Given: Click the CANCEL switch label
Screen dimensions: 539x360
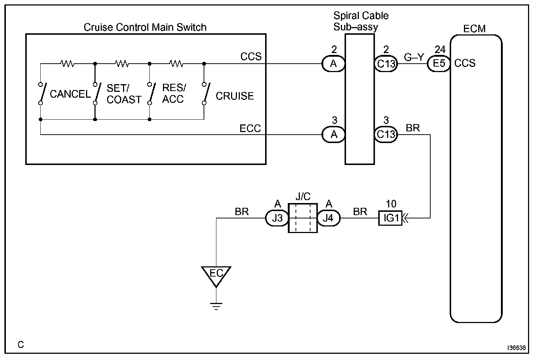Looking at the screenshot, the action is click(70, 94).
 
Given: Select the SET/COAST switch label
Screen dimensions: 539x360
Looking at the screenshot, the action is click(124, 94).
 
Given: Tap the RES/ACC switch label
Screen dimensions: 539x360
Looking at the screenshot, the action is click(174, 93).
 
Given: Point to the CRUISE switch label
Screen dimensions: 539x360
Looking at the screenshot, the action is click(235, 96).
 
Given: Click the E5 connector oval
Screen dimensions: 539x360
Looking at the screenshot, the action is click(439, 64).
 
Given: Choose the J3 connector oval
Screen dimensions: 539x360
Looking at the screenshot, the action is click(277, 218).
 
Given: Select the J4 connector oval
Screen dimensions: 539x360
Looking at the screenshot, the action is click(328, 218).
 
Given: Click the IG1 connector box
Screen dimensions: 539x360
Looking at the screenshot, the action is click(390, 218).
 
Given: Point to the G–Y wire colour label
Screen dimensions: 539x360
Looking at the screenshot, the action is click(414, 57).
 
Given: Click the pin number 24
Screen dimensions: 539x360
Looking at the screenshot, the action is click(440, 49).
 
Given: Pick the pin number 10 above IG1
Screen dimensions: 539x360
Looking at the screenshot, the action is click(391, 204).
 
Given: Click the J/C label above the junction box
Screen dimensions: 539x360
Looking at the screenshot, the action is click(303, 197).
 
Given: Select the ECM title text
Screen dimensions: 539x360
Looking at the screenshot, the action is click(475, 29).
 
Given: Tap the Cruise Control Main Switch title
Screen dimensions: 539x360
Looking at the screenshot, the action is click(145, 27).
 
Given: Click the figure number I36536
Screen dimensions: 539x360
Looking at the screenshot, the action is click(516, 348).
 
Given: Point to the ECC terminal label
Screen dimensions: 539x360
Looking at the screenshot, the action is click(250, 128).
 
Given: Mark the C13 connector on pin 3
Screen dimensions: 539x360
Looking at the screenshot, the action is click(386, 134).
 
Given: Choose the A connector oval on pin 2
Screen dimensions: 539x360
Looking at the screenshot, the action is click(333, 64).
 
